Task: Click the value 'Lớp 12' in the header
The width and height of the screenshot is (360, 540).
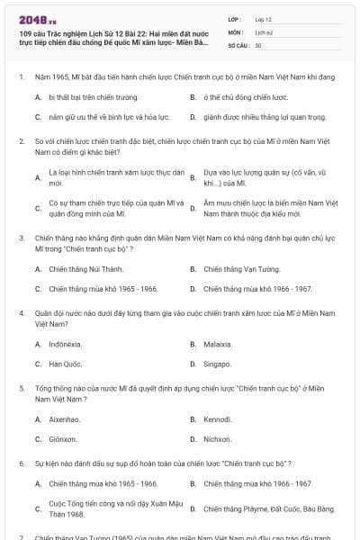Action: (x=264, y=19)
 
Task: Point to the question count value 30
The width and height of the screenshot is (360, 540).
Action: (x=258, y=45)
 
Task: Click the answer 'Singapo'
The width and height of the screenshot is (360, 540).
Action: (x=217, y=364)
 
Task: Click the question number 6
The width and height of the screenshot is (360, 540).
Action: (x=21, y=463)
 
